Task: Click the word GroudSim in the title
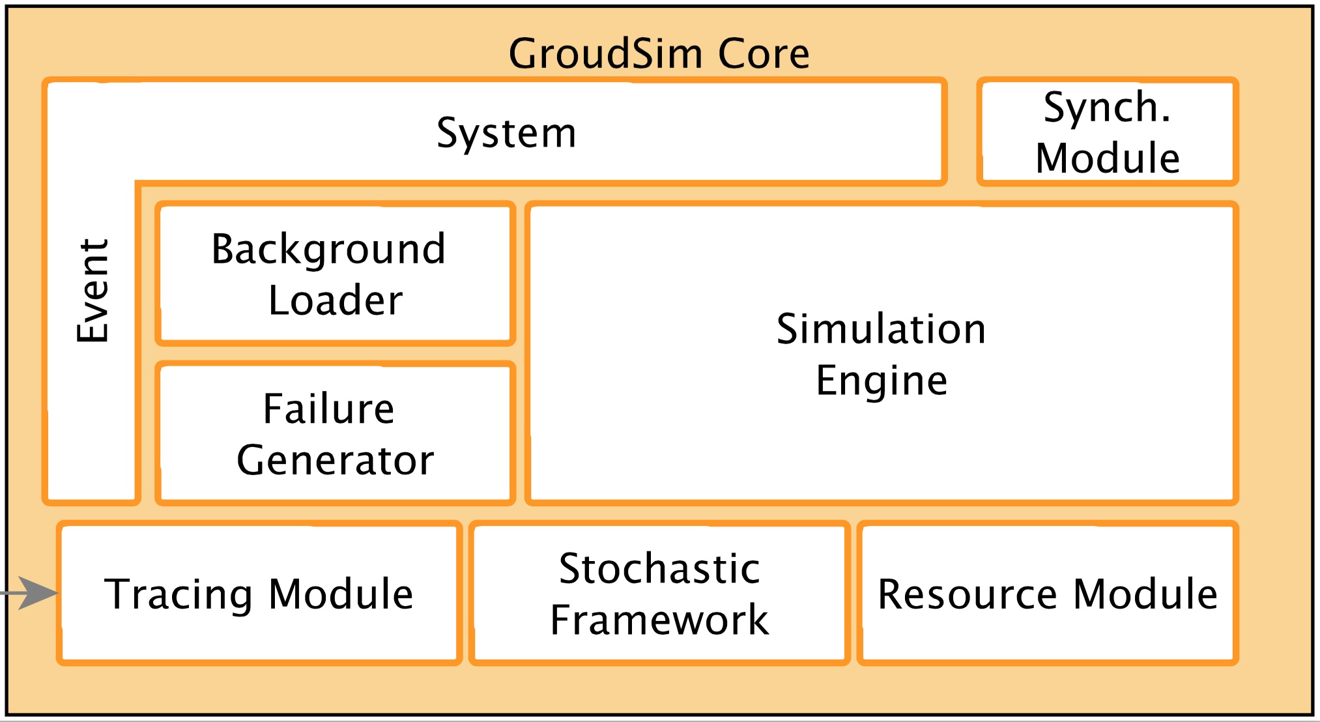click(605, 53)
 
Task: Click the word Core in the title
click(764, 53)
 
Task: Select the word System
click(506, 133)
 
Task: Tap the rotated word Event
click(93, 291)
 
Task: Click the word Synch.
click(1107, 108)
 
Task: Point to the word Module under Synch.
click(1108, 158)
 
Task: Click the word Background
click(328, 249)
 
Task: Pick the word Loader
click(335, 300)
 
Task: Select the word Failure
click(328, 409)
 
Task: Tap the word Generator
click(335, 461)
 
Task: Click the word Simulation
click(881, 329)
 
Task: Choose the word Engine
click(881, 381)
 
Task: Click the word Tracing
click(179, 594)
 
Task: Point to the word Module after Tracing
click(341, 594)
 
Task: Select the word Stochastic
click(659, 569)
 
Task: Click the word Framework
click(659, 620)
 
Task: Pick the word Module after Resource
click(1145, 594)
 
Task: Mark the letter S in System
click(448, 133)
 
